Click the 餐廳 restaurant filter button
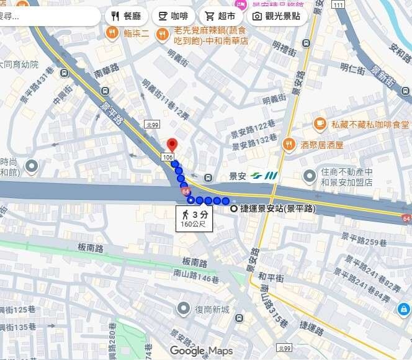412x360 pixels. pyautogui.click(x=127, y=16)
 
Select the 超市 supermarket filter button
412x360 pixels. pyautogui.click(x=221, y=16)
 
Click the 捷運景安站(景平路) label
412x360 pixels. pyautogui.click(x=273, y=209)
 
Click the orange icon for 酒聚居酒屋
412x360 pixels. pyautogui.click(x=288, y=145)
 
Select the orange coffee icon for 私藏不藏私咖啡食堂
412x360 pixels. pyautogui.click(x=320, y=124)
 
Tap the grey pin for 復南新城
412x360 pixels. pyautogui.click(x=183, y=308)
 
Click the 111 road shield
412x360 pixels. pyautogui.click(x=320, y=5)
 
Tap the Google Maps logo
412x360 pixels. pyautogui.click(x=201, y=351)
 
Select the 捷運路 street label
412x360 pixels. pyautogui.click(x=311, y=327)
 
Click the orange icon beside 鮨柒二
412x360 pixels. pyautogui.click(x=112, y=34)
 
